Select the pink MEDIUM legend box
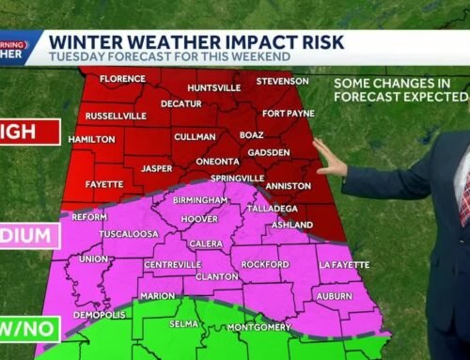[28, 236]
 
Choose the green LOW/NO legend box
[28, 329]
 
